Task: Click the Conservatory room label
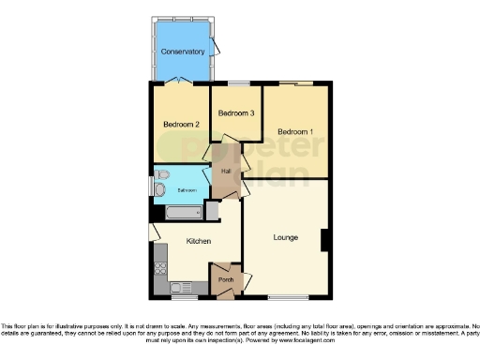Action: click(182, 52)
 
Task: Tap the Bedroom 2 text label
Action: click(182, 124)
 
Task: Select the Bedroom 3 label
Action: click(236, 113)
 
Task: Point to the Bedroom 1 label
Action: click(294, 131)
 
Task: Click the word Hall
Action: click(226, 171)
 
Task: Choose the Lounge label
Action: click(286, 237)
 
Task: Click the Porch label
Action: click(226, 279)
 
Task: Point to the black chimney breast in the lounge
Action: click(324, 240)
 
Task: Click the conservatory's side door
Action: click(217, 46)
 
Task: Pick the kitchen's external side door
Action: click(152, 232)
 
